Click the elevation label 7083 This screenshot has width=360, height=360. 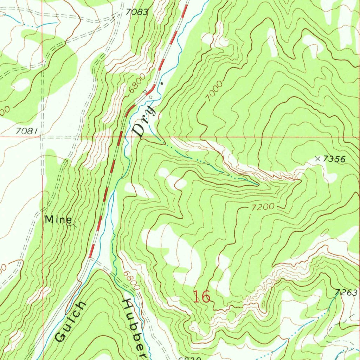(x=137, y=12)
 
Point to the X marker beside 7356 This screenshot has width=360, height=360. (x=318, y=159)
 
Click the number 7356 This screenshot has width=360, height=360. (x=334, y=159)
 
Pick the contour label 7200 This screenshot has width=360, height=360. (x=263, y=207)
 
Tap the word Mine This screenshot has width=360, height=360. (x=58, y=220)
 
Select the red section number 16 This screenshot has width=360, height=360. (x=202, y=297)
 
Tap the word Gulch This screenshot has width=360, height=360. (x=70, y=322)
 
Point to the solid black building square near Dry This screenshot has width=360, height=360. (x=162, y=84)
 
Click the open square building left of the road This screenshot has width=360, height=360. (x=145, y=92)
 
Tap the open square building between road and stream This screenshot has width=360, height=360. (x=151, y=97)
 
